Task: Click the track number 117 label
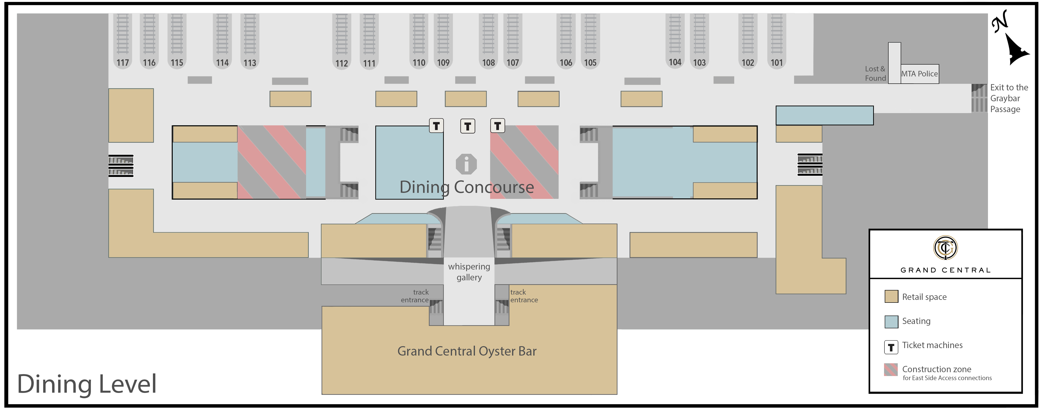(x=123, y=63)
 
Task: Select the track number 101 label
(x=776, y=63)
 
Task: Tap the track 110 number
(x=419, y=63)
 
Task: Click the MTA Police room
(x=919, y=74)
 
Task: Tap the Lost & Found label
(x=875, y=74)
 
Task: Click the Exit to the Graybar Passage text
(x=1008, y=98)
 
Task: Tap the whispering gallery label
(x=469, y=272)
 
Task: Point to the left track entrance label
(x=415, y=296)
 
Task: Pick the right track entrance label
(x=524, y=296)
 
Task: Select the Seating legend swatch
(x=891, y=322)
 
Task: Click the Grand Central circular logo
(x=945, y=247)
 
